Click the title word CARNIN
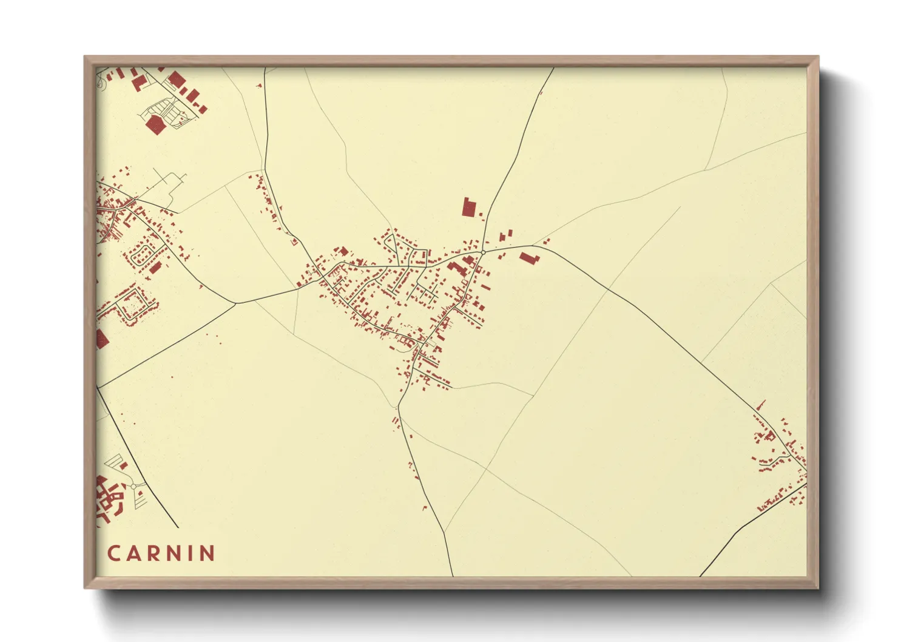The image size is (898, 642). (161, 553)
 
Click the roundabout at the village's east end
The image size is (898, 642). (483, 252)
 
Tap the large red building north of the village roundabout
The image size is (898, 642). (468, 207)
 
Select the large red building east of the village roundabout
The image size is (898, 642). (528, 258)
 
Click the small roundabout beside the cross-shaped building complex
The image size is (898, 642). (133, 487)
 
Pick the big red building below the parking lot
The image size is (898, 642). (156, 124)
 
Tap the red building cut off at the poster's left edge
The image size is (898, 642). (101, 339)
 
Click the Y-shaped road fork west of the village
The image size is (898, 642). (235, 302)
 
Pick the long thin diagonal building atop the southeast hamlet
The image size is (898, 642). (760, 405)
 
